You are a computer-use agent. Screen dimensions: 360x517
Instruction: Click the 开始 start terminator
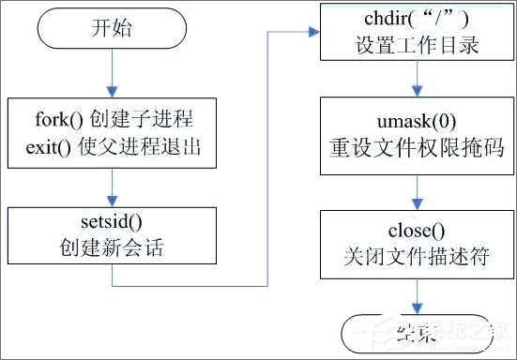point(111,29)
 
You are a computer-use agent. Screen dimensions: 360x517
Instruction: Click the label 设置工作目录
point(417,43)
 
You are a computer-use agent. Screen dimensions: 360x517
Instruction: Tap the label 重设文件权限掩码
point(417,146)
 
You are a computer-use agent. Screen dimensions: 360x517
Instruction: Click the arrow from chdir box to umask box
point(417,82)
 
